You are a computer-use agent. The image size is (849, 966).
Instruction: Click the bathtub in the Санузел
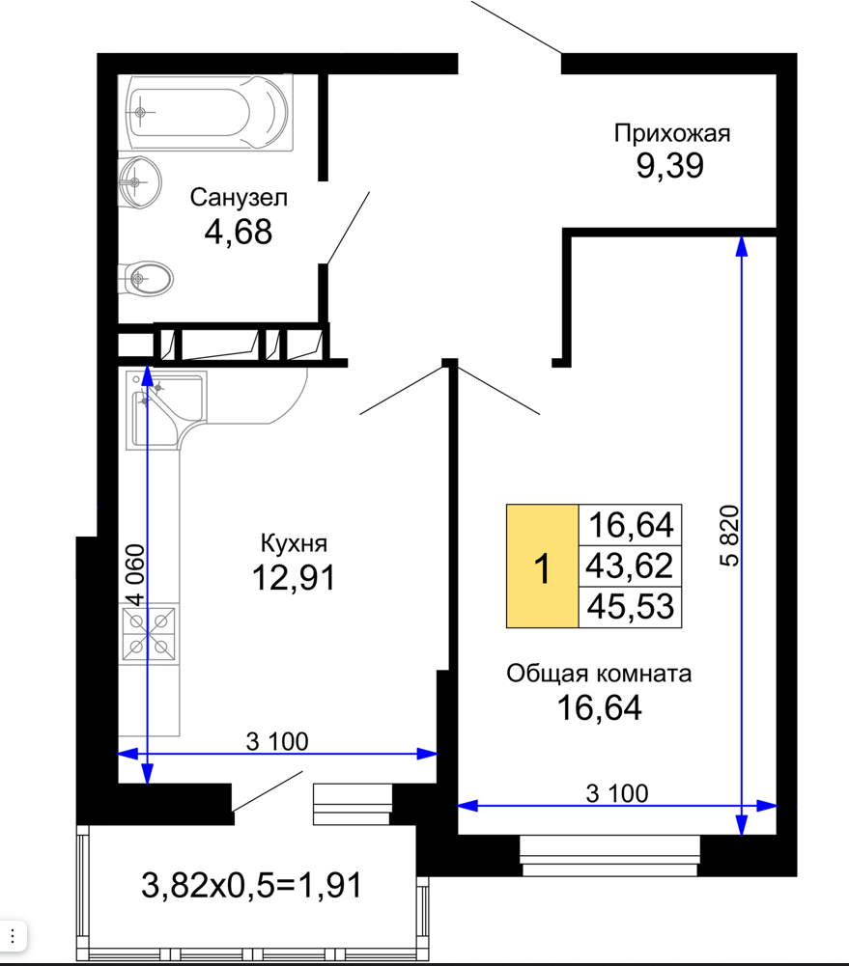(206, 112)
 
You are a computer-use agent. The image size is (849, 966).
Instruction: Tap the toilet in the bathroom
(146, 279)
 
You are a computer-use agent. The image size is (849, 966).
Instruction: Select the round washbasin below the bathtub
(140, 181)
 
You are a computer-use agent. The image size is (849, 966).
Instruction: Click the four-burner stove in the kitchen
(149, 634)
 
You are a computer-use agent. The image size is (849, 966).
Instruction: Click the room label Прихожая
(672, 134)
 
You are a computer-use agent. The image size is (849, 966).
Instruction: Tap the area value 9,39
(670, 166)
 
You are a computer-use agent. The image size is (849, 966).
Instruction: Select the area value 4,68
(238, 232)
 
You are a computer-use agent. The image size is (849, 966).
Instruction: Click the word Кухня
(294, 543)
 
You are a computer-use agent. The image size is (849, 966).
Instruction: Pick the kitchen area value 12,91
(294, 578)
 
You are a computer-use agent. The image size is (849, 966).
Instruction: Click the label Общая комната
(599, 674)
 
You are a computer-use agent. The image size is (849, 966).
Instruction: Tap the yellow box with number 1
(543, 566)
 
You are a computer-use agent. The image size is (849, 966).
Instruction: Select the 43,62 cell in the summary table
(630, 566)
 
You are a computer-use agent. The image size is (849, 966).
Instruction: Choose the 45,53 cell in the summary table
(630, 607)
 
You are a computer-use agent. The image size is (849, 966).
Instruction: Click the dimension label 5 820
(729, 536)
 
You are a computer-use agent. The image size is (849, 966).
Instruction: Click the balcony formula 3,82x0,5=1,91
(251, 885)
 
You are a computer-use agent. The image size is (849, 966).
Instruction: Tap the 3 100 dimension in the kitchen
(277, 741)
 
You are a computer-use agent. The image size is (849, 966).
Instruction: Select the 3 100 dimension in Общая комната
(617, 793)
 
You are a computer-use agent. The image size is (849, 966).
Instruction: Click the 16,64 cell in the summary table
(630, 525)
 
